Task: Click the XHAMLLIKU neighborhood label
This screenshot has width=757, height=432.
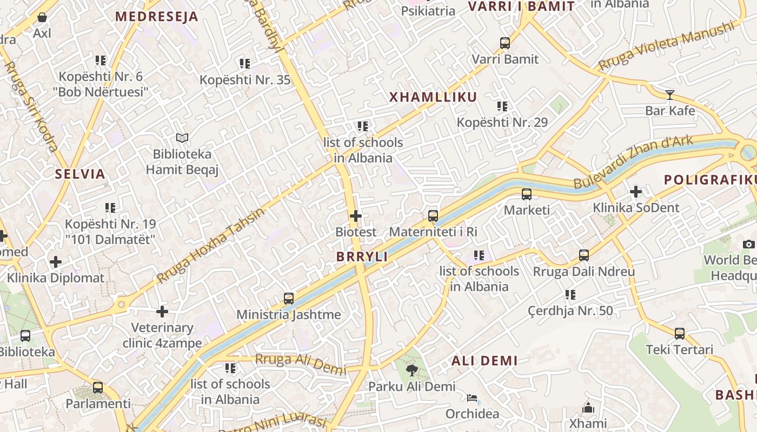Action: (x=433, y=97)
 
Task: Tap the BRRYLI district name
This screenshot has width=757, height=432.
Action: (x=362, y=257)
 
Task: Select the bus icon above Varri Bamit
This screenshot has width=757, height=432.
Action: (x=504, y=43)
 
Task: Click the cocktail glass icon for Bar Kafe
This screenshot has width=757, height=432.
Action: (x=670, y=95)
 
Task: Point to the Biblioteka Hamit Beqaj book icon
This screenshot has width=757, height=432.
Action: (x=182, y=138)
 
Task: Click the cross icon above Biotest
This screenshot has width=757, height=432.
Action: (x=355, y=216)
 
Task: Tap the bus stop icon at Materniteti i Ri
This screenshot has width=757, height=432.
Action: (x=433, y=216)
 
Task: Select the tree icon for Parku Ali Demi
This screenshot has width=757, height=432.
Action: (x=412, y=370)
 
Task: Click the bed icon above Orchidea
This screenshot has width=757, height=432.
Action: (x=472, y=399)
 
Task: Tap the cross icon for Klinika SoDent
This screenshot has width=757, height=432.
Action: (x=635, y=192)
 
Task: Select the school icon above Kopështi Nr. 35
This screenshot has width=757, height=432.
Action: (x=245, y=64)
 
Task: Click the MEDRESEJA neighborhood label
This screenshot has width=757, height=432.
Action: (x=157, y=16)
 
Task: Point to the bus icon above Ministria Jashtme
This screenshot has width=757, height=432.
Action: (x=289, y=298)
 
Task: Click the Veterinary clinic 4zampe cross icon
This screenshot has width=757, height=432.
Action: (x=162, y=312)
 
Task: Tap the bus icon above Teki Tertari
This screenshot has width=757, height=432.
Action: (x=679, y=334)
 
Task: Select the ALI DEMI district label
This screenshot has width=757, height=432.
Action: (x=484, y=361)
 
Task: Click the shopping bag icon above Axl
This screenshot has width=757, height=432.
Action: (x=42, y=17)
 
